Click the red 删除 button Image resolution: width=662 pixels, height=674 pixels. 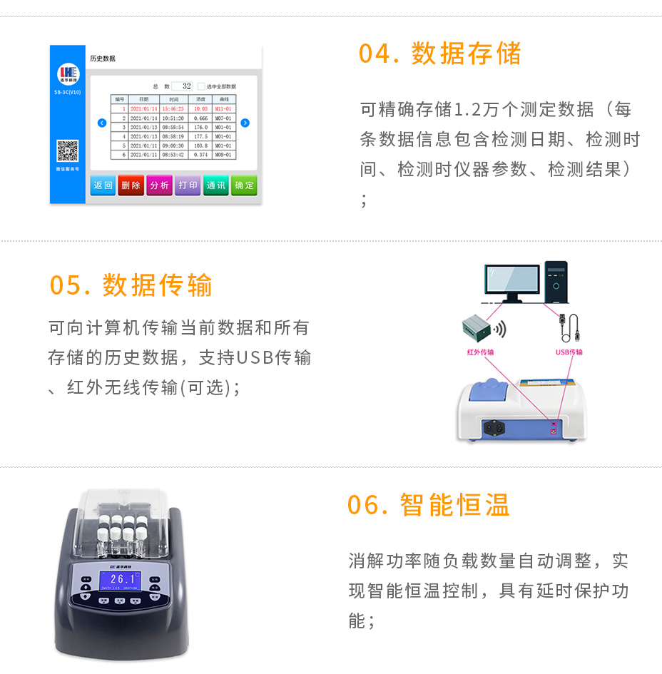(x=131, y=185)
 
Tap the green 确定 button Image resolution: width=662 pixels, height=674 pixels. (x=244, y=185)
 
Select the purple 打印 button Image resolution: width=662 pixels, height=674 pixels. (x=188, y=185)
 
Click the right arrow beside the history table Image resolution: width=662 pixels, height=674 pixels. (x=245, y=123)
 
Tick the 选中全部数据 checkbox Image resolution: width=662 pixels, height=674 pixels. (x=200, y=86)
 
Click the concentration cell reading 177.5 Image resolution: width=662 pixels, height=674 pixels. (x=200, y=136)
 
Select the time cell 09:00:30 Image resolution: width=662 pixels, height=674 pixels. (x=173, y=145)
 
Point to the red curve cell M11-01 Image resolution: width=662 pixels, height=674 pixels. (x=223, y=109)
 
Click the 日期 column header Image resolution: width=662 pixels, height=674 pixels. (x=144, y=100)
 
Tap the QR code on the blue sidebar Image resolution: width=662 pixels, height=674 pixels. (x=67, y=151)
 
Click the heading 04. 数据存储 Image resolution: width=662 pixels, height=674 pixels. (x=439, y=54)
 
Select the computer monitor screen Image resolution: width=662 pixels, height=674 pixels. (x=511, y=278)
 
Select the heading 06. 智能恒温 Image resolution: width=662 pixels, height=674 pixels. (x=428, y=505)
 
